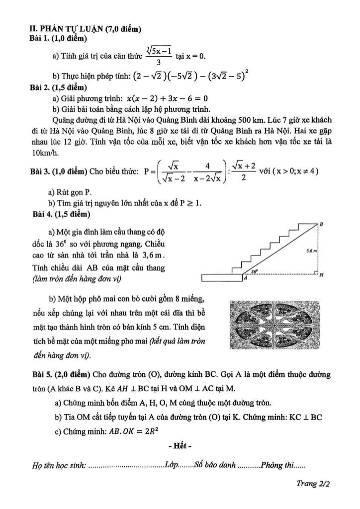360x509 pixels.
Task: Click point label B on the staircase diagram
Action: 321,224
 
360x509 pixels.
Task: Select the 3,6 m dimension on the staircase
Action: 312,253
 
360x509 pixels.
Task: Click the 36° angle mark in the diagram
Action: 254,271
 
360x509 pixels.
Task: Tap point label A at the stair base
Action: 245,279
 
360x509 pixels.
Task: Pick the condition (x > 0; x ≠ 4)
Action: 288,171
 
